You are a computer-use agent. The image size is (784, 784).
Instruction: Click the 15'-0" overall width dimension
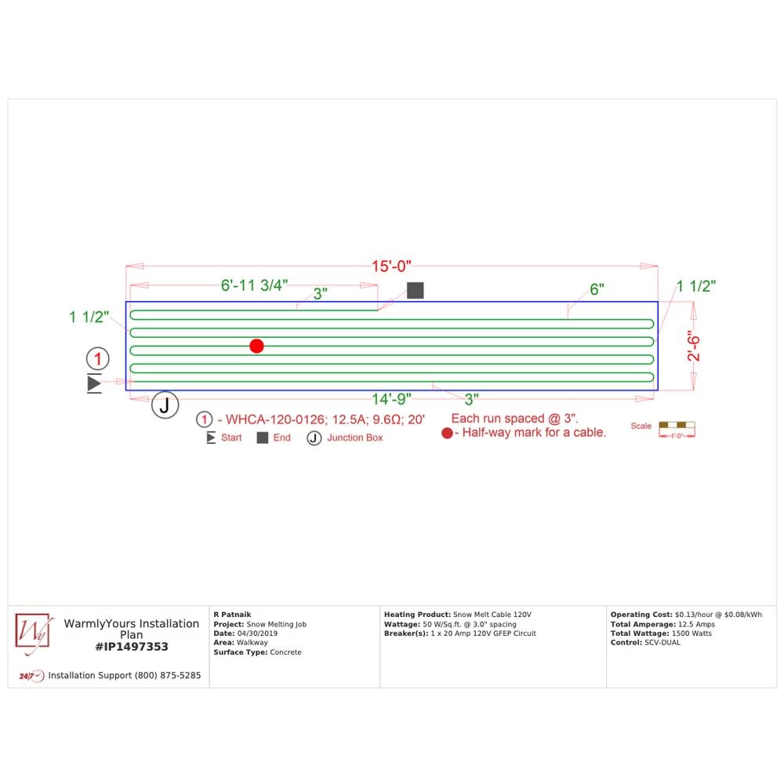coord(391,267)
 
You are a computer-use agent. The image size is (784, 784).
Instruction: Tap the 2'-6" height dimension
coord(694,346)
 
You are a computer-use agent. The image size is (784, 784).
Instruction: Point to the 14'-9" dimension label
coord(391,398)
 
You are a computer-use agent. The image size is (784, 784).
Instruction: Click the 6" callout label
coord(597,289)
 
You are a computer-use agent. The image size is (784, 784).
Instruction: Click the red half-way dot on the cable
coord(256,346)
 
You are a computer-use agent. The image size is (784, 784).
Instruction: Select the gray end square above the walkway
coord(416,290)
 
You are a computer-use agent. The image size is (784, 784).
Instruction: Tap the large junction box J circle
coord(165,405)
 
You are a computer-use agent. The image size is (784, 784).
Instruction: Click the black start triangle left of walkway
coord(95,383)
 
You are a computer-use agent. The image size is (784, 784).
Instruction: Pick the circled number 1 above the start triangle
coord(97,360)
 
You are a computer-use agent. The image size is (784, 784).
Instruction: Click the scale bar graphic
coord(677,428)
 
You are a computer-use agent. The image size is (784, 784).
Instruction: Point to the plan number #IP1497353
coord(132,647)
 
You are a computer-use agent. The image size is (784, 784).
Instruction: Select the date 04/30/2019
coord(256,633)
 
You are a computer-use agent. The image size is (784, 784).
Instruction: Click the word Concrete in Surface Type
coord(285,652)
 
